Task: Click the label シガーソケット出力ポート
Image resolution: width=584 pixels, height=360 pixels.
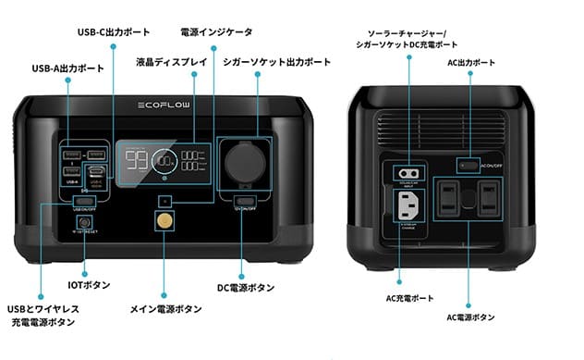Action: (276, 63)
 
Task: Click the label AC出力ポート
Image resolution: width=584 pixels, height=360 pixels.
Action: (471, 63)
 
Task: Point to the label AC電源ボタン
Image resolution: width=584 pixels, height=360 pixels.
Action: (470, 317)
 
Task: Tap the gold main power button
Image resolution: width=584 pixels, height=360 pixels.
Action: (165, 222)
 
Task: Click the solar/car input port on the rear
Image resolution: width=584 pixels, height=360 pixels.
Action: (406, 173)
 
